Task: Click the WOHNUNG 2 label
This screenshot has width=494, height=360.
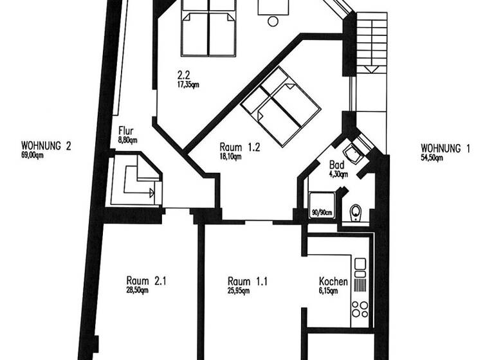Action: point(46,146)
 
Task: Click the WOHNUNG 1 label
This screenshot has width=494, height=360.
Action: point(445,148)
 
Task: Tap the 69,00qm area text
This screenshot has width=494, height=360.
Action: point(32,156)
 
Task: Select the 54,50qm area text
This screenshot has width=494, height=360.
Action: point(431,158)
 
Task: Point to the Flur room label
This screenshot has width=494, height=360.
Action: point(125,130)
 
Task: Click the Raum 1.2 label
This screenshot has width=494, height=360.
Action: point(239,146)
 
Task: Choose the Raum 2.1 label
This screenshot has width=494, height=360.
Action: point(147,280)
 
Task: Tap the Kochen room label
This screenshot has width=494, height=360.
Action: point(333,282)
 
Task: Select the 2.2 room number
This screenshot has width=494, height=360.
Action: point(183,73)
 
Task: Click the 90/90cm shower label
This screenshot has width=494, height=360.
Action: point(321,213)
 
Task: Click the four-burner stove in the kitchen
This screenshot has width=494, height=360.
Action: point(360,309)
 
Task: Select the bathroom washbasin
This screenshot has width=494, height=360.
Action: point(352,154)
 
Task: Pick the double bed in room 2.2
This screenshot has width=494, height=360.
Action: point(208,27)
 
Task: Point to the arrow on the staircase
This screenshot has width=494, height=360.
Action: point(371,67)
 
